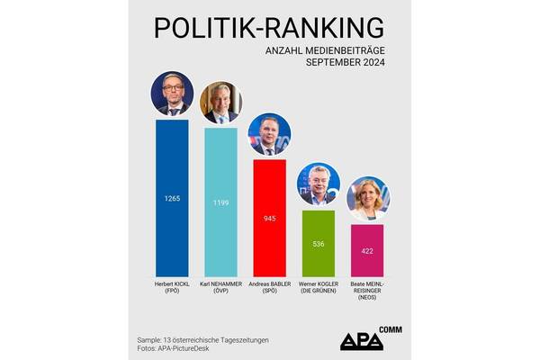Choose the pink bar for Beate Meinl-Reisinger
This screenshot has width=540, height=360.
click(x=367, y=265)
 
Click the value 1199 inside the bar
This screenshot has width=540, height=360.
click(x=220, y=203)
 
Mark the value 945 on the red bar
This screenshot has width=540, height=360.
click(x=269, y=217)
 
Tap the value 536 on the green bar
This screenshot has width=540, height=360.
click(x=318, y=243)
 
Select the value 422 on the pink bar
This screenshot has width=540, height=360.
click(x=367, y=252)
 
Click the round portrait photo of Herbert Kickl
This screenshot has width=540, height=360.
click(x=172, y=94)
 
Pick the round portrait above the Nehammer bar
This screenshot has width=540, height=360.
click(x=220, y=103)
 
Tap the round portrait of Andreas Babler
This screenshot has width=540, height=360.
click(x=269, y=134)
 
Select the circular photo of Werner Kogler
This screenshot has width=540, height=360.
click(x=318, y=184)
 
